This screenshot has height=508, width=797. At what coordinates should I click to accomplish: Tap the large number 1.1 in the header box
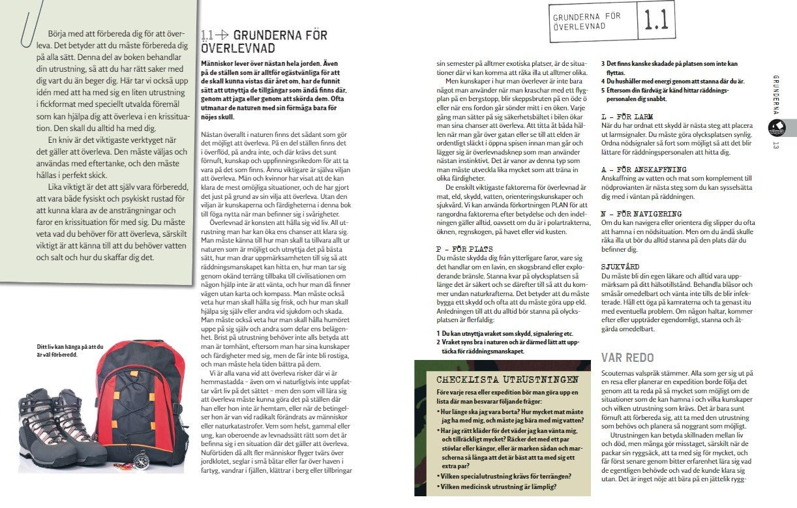(x=655, y=20)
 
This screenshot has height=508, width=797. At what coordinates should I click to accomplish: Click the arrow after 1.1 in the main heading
(x=223, y=35)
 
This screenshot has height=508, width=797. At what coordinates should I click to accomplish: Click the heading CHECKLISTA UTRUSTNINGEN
(x=507, y=380)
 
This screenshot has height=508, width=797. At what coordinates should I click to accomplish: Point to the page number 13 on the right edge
(x=776, y=145)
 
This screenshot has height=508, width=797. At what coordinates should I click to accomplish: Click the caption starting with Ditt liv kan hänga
(x=70, y=351)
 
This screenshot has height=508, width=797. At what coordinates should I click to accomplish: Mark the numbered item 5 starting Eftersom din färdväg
(x=665, y=95)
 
